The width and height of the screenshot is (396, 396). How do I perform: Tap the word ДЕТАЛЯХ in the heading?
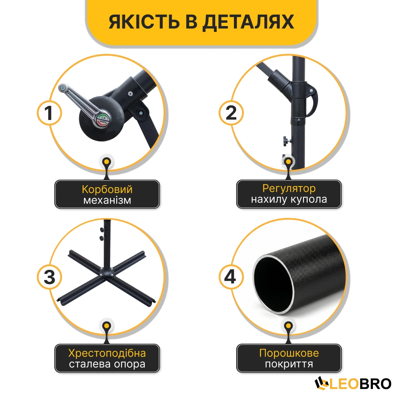[x=249, y=22]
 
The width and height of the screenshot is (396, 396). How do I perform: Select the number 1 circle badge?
[x=49, y=113]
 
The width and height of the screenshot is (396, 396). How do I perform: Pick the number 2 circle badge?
[x=231, y=113]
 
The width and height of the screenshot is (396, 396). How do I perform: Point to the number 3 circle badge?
[x=49, y=277]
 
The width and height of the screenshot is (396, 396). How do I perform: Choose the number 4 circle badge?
[x=231, y=277]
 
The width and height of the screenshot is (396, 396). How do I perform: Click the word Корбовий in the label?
[x=107, y=189]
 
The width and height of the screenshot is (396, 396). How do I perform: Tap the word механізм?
[x=107, y=200]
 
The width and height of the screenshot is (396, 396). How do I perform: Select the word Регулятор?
[x=289, y=189]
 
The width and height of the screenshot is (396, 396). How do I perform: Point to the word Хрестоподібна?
[x=107, y=353]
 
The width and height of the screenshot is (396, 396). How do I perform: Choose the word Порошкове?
[x=289, y=353]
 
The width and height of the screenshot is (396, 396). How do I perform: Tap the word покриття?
[x=289, y=364]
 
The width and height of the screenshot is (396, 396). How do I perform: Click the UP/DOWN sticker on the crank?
[x=103, y=120]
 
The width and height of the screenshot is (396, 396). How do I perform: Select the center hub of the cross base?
[x=107, y=273]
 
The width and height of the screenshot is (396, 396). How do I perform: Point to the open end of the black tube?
[x=274, y=285]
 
